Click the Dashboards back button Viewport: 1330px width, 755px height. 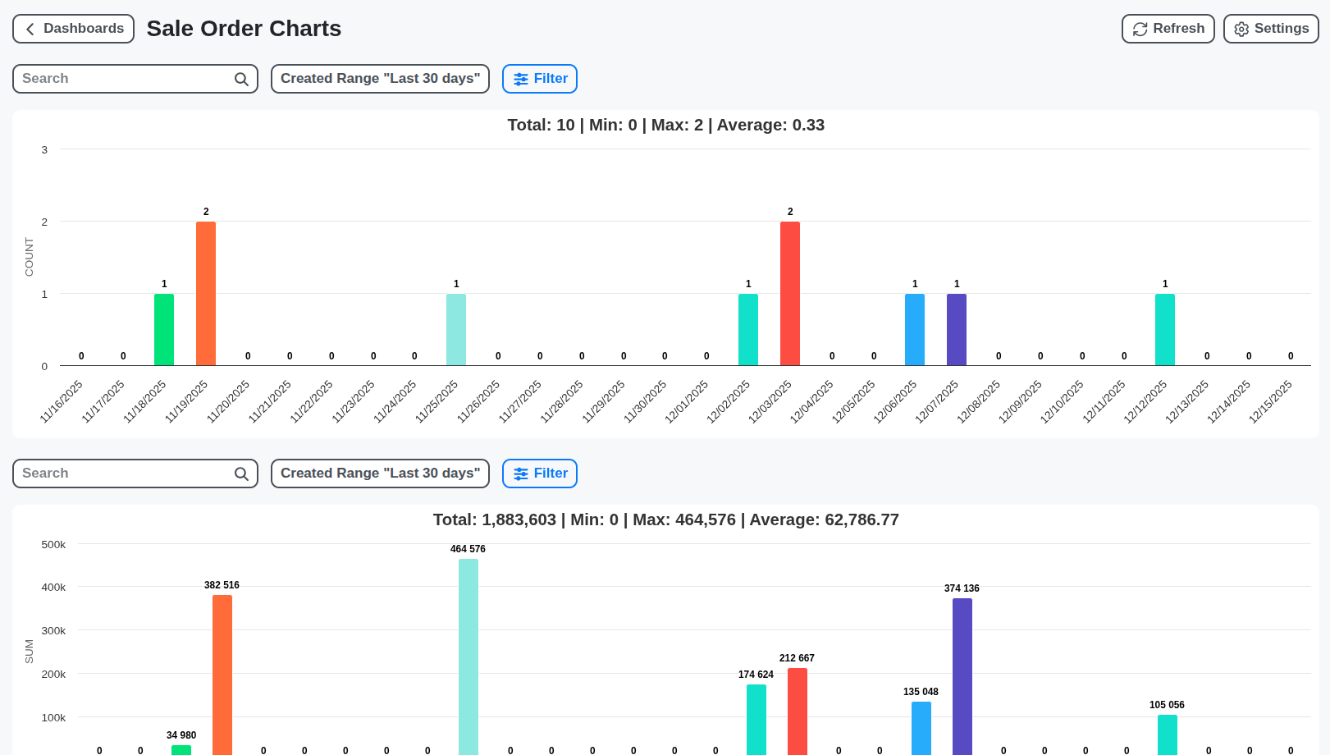(x=73, y=29)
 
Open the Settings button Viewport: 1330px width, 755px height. (x=1270, y=29)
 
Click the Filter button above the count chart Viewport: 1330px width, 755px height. (x=540, y=79)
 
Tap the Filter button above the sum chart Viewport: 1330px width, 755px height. (x=540, y=474)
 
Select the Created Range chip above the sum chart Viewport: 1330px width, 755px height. (x=380, y=474)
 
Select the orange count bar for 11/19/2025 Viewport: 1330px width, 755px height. (x=206, y=293)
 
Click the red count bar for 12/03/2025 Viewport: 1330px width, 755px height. (x=790, y=293)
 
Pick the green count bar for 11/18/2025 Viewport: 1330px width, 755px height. (x=164, y=329)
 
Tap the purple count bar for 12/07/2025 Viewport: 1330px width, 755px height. (x=957, y=329)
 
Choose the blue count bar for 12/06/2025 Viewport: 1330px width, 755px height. (x=915, y=329)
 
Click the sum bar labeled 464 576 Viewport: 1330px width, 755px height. (x=468, y=657)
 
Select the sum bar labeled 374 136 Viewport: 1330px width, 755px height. (x=962, y=676)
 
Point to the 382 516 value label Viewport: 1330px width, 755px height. (x=222, y=585)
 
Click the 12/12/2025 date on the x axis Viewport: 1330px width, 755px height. (x=1146, y=401)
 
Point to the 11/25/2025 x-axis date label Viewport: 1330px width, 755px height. (x=437, y=401)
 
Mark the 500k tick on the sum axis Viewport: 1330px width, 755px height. (x=53, y=545)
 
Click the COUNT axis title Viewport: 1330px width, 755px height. (x=30, y=257)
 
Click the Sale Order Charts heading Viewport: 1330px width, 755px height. (x=244, y=29)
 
